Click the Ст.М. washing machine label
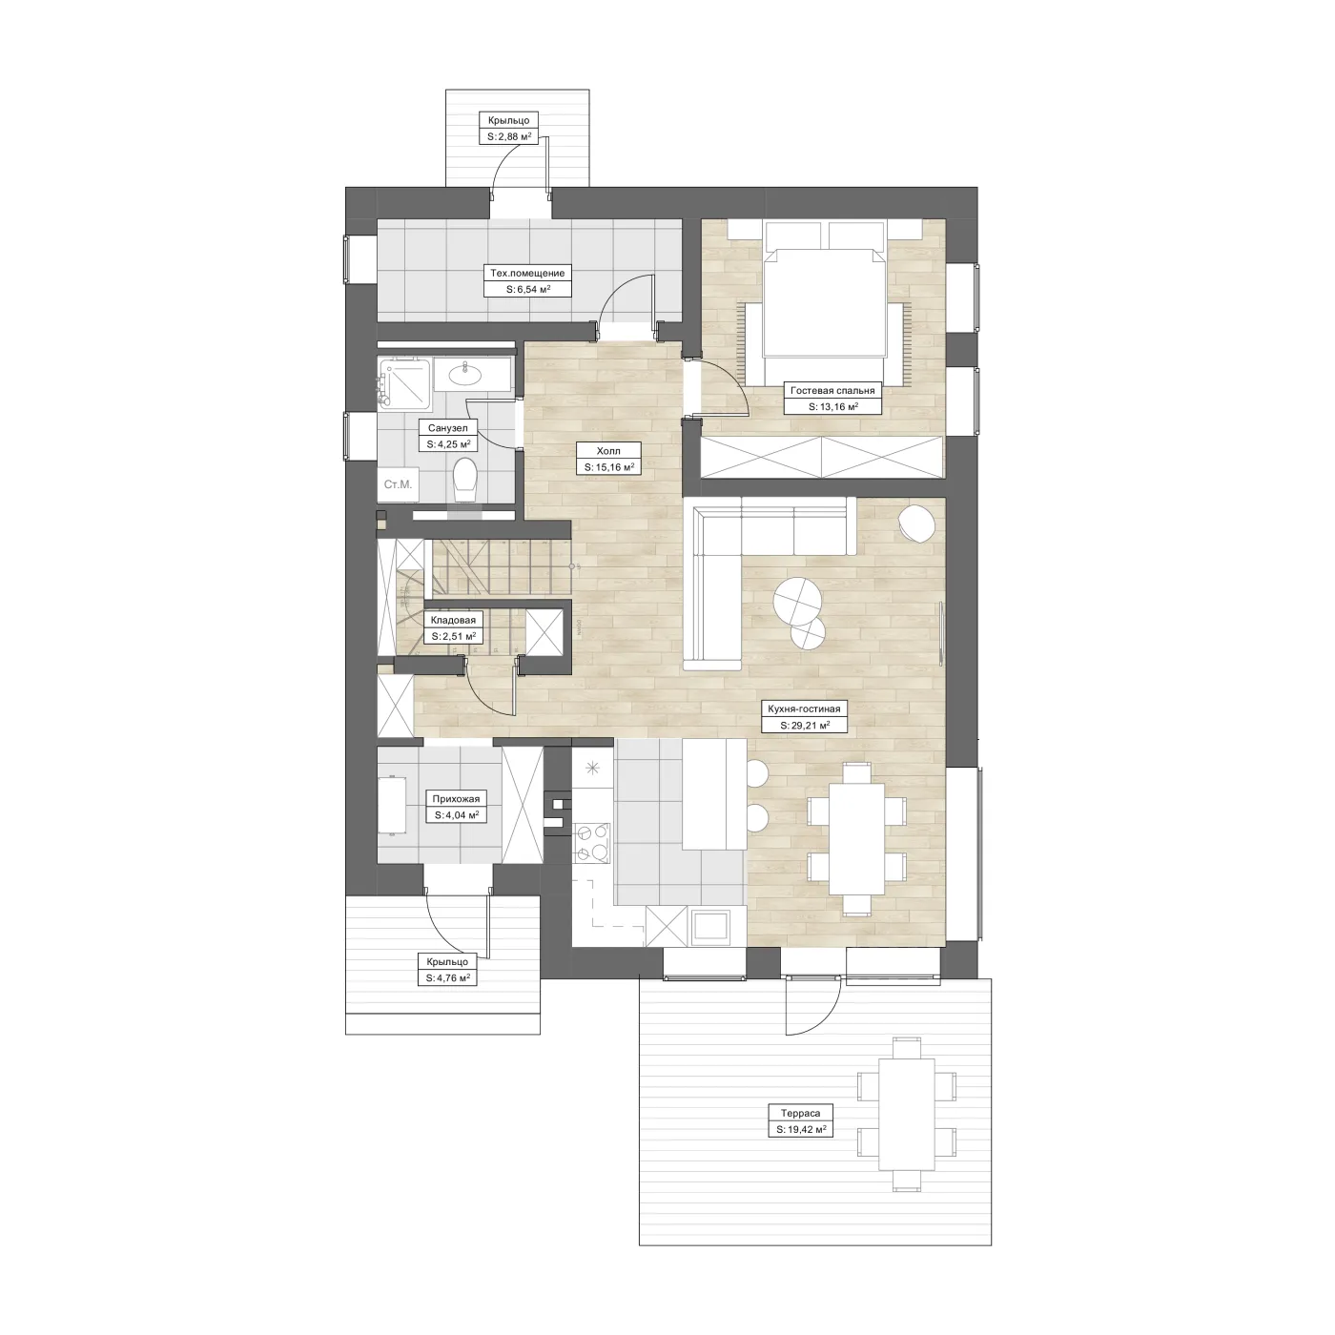coord(398,484)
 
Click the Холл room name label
coord(608,451)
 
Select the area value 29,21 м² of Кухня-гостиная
coord(804,726)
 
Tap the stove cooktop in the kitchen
coord(592,842)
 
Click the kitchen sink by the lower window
coord(710,926)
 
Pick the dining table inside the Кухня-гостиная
coord(856,838)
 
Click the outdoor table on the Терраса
coord(907,1115)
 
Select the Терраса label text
coord(800,1114)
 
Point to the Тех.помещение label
coord(527,273)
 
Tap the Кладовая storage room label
coord(453,620)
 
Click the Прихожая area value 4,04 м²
coord(457,815)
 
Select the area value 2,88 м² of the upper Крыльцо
coord(509,136)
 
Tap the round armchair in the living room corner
coord(916,523)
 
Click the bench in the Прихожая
coord(391,805)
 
